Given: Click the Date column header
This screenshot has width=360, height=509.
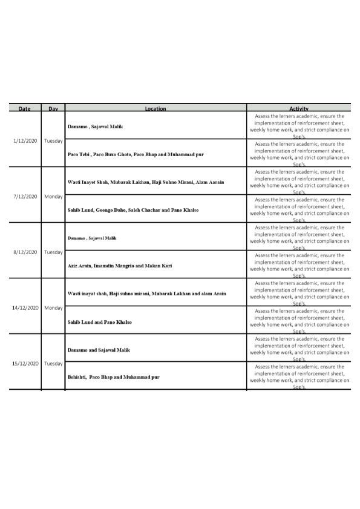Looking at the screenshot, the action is [25, 109].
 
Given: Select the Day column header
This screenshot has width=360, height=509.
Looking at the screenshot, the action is [53, 109].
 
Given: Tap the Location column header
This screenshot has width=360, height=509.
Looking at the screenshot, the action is [155, 109].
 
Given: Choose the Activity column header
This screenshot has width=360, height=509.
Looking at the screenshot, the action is [299, 108].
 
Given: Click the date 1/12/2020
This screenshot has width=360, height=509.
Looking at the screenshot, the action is [25, 140].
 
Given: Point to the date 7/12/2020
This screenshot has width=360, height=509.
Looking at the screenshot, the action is [25, 196].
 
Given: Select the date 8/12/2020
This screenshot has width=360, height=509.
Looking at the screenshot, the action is [25, 252].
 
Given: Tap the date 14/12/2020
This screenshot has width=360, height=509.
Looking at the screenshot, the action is [25, 307].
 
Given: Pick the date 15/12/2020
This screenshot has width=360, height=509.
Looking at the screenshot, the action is [25, 363].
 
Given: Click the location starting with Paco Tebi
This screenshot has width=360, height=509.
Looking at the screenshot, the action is [136, 154].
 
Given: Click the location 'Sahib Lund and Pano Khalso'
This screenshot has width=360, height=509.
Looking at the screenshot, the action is [100, 322].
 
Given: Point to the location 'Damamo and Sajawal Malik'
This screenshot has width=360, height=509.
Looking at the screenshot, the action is [99, 350].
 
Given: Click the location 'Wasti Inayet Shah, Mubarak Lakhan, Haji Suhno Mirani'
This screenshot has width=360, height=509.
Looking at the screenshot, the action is [146, 182].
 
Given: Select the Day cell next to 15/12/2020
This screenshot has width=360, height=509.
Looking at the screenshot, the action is [53, 363].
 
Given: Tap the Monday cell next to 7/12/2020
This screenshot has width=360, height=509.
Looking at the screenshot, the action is [53, 196].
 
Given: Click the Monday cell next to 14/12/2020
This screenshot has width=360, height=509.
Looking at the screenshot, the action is [53, 307].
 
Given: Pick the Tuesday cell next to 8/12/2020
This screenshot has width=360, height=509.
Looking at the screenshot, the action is [53, 252].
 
